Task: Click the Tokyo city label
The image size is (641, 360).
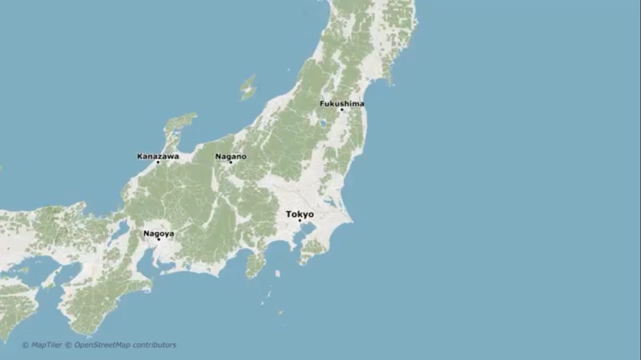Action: click(x=300, y=214)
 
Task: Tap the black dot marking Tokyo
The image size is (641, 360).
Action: click(x=300, y=220)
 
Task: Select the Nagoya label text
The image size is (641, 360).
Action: click(x=158, y=233)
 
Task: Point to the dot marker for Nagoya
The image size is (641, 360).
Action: click(x=159, y=239)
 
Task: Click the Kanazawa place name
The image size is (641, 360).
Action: click(x=158, y=156)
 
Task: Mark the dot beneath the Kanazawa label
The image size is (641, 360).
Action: click(x=158, y=162)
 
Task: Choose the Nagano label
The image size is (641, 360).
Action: click(x=231, y=156)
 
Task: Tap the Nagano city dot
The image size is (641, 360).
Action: click(x=231, y=162)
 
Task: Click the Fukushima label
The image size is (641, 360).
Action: click(x=342, y=104)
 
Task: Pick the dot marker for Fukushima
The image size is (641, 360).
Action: click(x=342, y=109)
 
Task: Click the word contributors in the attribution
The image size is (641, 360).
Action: click(x=154, y=345)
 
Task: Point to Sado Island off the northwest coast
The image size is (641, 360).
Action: click(x=248, y=88)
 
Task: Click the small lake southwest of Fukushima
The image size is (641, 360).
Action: click(x=322, y=123)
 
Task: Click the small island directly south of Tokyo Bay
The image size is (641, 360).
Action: click(x=277, y=274)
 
